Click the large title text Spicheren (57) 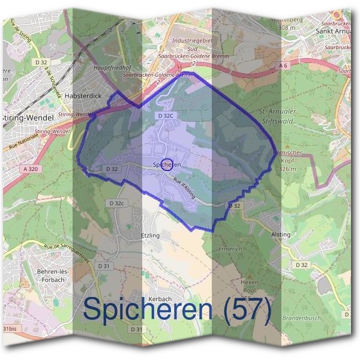(x=178, y=308)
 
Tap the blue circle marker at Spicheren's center (x=167, y=164)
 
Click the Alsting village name (x=281, y=234)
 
